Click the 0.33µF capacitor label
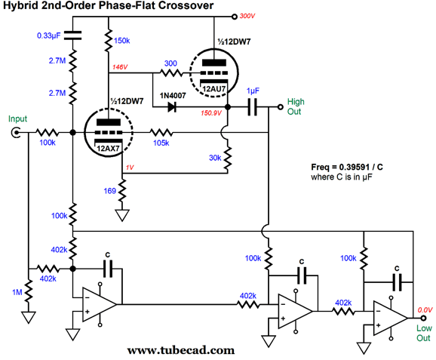[x=49, y=36]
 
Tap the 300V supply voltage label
[x=247, y=16]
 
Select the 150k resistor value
[x=121, y=41]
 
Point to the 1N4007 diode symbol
[x=172, y=107]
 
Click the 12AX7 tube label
[x=108, y=148]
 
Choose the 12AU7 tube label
[x=213, y=89]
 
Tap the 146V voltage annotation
[x=120, y=67]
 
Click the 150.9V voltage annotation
[x=211, y=113]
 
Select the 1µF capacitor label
[x=253, y=91]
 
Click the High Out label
[x=296, y=106]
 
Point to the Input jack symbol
[x=16, y=132]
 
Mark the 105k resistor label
[x=161, y=143]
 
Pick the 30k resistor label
[x=215, y=158]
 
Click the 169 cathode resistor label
[x=110, y=191]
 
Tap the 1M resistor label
[x=17, y=292]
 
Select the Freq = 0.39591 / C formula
[x=347, y=168]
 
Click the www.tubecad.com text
[x=181, y=350]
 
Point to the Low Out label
[x=424, y=333]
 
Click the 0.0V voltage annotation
[x=425, y=310]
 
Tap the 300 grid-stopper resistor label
[x=170, y=63]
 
